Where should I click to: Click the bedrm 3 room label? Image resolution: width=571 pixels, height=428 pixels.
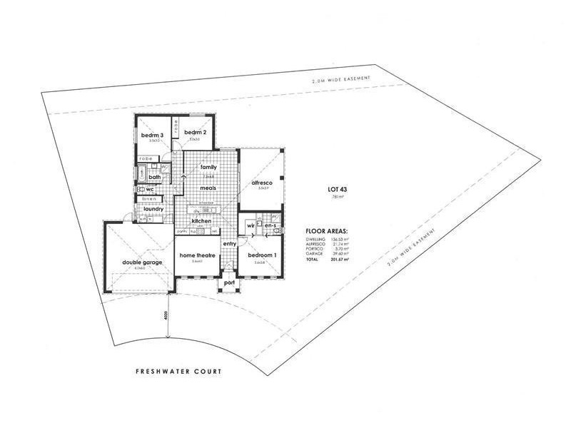click(x=153, y=136)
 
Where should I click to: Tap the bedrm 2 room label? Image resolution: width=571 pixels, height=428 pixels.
click(x=195, y=133)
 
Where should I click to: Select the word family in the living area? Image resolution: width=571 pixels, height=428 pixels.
click(x=208, y=167)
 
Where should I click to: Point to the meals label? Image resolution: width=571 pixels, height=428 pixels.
click(x=208, y=187)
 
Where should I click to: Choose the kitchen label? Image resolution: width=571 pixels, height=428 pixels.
click(x=201, y=221)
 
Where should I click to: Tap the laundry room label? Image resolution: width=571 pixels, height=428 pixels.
click(x=153, y=209)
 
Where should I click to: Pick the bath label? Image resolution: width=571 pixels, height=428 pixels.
click(x=154, y=177)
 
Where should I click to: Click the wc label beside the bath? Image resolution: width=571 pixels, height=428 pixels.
click(x=151, y=189)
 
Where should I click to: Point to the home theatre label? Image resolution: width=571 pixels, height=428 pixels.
click(x=195, y=255)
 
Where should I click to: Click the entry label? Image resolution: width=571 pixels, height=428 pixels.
click(x=229, y=244)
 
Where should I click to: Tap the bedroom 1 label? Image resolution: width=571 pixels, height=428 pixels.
click(x=262, y=255)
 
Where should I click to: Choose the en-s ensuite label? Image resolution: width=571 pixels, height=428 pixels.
click(x=271, y=226)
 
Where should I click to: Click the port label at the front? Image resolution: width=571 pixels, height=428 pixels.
click(x=230, y=282)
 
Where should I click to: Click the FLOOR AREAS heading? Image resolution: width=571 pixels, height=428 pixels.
click(x=327, y=232)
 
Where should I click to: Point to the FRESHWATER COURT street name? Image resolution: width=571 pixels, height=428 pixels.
click(x=179, y=372)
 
